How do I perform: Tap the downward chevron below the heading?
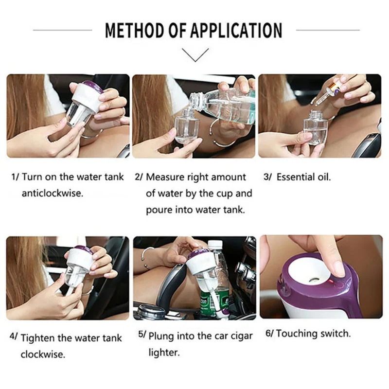pos(195,55)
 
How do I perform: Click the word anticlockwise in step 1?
pos(53,193)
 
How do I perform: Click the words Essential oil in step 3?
pos(303,177)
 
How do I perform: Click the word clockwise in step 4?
pos(43,354)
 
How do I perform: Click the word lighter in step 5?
pos(164,353)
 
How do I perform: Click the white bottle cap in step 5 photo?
pos(215,244)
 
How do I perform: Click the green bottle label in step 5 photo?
pos(214,302)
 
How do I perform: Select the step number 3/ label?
pos(268,177)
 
